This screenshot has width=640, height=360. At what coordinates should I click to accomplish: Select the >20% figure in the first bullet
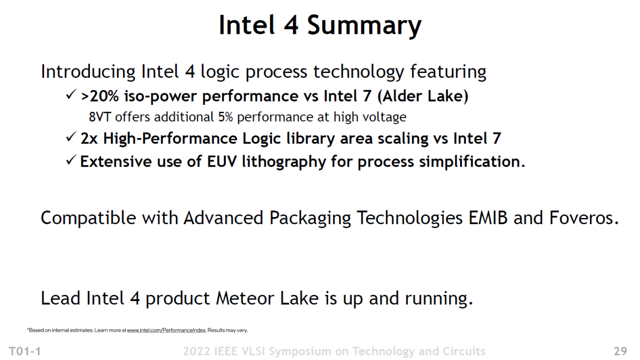coord(100,97)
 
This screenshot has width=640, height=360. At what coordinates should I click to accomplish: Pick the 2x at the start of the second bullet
coord(89,138)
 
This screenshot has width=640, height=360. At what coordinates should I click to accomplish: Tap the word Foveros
coord(581,218)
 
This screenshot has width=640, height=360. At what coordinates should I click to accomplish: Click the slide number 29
coord(620,351)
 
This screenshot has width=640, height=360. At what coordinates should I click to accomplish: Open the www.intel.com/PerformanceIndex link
coord(166,330)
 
